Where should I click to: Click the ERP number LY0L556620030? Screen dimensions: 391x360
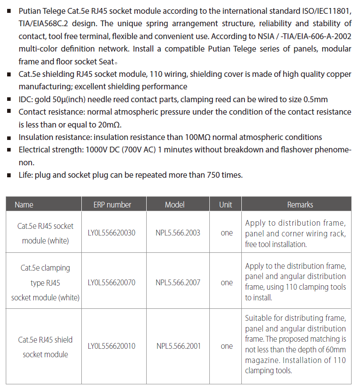click(x=112, y=233)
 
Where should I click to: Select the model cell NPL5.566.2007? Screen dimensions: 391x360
click(x=178, y=283)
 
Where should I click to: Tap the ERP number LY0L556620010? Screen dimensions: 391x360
click(x=112, y=346)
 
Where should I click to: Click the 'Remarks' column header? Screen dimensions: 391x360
click(x=300, y=205)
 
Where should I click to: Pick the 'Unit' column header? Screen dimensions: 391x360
click(x=226, y=205)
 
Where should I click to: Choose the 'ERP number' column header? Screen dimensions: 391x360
click(x=112, y=205)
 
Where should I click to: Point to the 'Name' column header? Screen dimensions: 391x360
click(x=24, y=205)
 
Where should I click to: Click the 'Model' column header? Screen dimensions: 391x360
click(x=175, y=205)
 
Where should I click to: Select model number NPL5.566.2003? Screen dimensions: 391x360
click(x=178, y=233)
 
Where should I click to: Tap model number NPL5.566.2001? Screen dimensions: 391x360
click(x=178, y=346)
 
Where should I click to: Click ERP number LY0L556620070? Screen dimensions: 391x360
click(x=112, y=283)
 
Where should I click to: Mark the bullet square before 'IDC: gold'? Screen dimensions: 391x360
click(x=9, y=100)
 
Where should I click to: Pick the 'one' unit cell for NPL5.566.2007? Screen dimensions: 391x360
click(x=227, y=283)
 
